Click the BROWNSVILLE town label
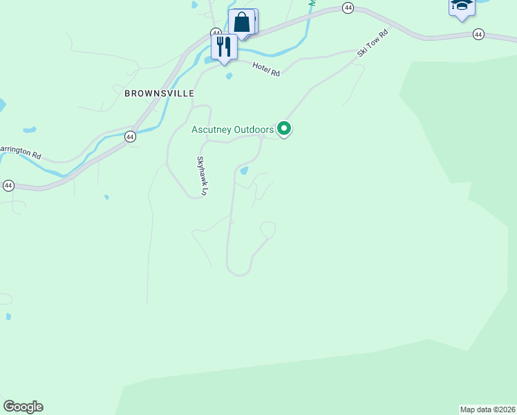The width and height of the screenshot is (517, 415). [x=159, y=93]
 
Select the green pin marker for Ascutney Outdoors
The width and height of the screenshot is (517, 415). [x=284, y=129]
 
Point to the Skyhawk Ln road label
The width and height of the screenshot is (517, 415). [x=202, y=176]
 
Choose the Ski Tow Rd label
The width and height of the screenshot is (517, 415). [x=373, y=42]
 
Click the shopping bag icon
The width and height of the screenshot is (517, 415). [x=242, y=22]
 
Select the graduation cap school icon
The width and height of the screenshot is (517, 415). [x=461, y=8]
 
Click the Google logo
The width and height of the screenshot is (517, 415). [x=23, y=407]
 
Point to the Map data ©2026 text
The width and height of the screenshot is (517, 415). [x=488, y=409]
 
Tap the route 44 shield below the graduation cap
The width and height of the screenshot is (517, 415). [x=479, y=34]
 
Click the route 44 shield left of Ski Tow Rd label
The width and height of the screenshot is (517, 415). [x=348, y=8]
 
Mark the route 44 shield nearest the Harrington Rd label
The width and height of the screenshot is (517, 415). [x=8, y=185]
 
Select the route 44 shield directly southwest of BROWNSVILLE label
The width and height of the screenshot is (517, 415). [x=130, y=137]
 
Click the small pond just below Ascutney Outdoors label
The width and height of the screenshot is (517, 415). [x=243, y=170]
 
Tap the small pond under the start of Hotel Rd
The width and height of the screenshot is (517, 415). [x=229, y=76]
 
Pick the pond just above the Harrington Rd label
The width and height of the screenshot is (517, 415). [x=29, y=129]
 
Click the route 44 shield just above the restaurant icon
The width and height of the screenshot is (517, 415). [x=216, y=33]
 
